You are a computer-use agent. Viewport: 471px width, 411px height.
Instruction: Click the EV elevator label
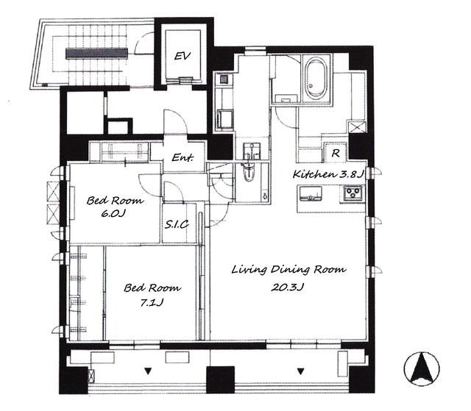(x=183, y=56)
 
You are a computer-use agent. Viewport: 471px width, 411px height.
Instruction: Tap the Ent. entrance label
(x=183, y=157)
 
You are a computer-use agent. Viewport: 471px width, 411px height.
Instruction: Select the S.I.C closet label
(x=177, y=224)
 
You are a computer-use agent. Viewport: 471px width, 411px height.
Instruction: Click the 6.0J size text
(x=113, y=214)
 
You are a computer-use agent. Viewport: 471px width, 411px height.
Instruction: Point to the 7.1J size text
(x=152, y=303)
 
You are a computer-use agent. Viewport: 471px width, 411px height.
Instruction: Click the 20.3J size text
(x=288, y=287)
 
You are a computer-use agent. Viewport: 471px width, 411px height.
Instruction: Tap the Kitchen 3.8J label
(x=328, y=174)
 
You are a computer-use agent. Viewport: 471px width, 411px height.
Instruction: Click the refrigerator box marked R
(x=336, y=153)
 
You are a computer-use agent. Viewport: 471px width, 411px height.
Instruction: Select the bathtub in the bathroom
(x=316, y=79)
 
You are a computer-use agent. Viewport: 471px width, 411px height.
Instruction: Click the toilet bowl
(x=249, y=172)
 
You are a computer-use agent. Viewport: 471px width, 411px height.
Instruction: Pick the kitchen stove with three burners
(x=353, y=193)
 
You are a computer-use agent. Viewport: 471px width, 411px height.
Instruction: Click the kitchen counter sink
(x=310, y=193)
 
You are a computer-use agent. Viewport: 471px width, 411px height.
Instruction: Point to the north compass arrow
(x=422, y=368)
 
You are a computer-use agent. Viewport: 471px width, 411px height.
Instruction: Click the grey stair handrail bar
(x=96, y=53)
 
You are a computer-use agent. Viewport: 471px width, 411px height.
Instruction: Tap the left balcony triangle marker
(x=148, y=371)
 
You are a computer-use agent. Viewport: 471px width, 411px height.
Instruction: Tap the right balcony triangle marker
(x=301, y=371)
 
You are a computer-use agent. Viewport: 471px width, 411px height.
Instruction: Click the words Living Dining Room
(x=288, y=269)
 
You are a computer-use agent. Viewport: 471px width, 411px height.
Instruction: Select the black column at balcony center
(x=221, y=379)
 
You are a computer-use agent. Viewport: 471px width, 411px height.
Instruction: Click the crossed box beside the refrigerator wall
(x=357, y=127)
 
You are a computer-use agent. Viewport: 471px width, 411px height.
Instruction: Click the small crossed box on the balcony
(x=91, y=376)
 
